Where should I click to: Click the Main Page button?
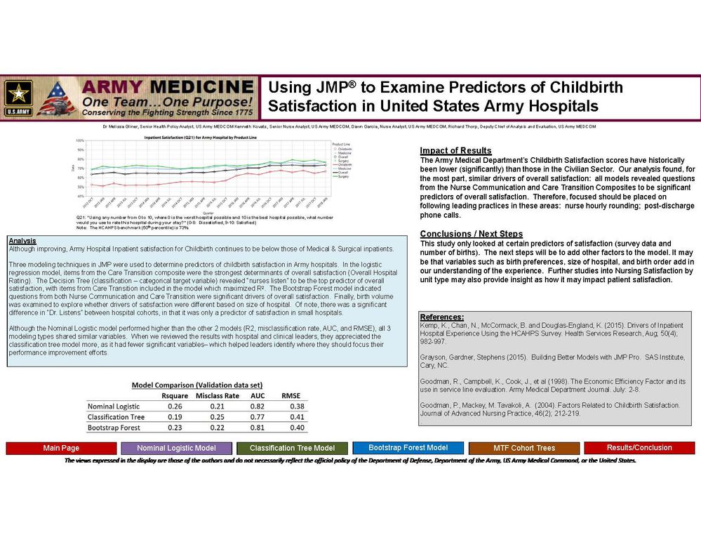(x=61, y=448)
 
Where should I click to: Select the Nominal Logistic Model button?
(x=176, y=448)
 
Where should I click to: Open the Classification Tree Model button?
(x=292, y=448)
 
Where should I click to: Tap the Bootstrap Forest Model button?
(x=408, y=447)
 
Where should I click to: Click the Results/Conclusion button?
(x=639, y=447)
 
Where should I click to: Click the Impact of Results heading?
(x=455, y=151)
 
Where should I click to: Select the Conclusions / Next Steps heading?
(x=471, y=234)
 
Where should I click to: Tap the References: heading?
(x=441, y=317)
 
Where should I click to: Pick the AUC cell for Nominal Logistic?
(x=258, y=406)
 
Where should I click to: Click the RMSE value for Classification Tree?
(x=297, y=416)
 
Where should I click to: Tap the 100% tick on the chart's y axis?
(x=80, y=143)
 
